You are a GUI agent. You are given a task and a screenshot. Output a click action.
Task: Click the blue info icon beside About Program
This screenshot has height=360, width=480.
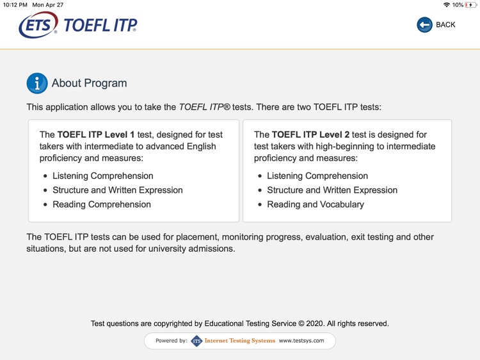[37, 83]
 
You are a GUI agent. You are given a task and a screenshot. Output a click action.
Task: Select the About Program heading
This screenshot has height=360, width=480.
[89, 83]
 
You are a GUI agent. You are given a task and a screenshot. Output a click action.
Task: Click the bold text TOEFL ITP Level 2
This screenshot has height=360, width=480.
[310, 135]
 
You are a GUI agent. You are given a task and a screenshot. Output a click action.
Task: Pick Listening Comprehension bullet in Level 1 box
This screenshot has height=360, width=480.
[102, 176]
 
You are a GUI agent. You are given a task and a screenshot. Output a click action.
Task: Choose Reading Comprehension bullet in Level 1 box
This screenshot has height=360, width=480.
[101, 204]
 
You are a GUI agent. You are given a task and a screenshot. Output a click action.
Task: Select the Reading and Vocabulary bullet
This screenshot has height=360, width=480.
[315, 204]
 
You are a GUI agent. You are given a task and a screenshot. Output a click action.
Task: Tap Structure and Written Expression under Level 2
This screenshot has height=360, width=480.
[332, 190]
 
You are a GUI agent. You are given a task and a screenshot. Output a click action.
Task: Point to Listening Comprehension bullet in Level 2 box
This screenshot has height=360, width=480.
[317, 176]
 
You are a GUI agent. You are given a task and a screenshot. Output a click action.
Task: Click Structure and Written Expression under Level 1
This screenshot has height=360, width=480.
[117, 190]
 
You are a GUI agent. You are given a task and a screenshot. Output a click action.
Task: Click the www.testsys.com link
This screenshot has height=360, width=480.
[301, 341]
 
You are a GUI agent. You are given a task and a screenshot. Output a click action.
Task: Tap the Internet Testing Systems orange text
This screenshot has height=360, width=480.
[239, 341]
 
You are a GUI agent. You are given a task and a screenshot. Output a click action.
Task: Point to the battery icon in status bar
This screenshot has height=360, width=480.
[470, 5]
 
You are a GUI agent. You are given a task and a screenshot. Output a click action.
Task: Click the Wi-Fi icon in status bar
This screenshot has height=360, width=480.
[446, 5]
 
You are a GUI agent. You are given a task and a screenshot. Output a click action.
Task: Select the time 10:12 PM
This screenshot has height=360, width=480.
[15, 5]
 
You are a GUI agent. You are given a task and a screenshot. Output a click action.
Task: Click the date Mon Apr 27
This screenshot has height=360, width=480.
[48, 5]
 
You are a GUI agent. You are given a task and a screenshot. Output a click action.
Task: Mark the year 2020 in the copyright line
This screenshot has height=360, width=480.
[317, 323]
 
